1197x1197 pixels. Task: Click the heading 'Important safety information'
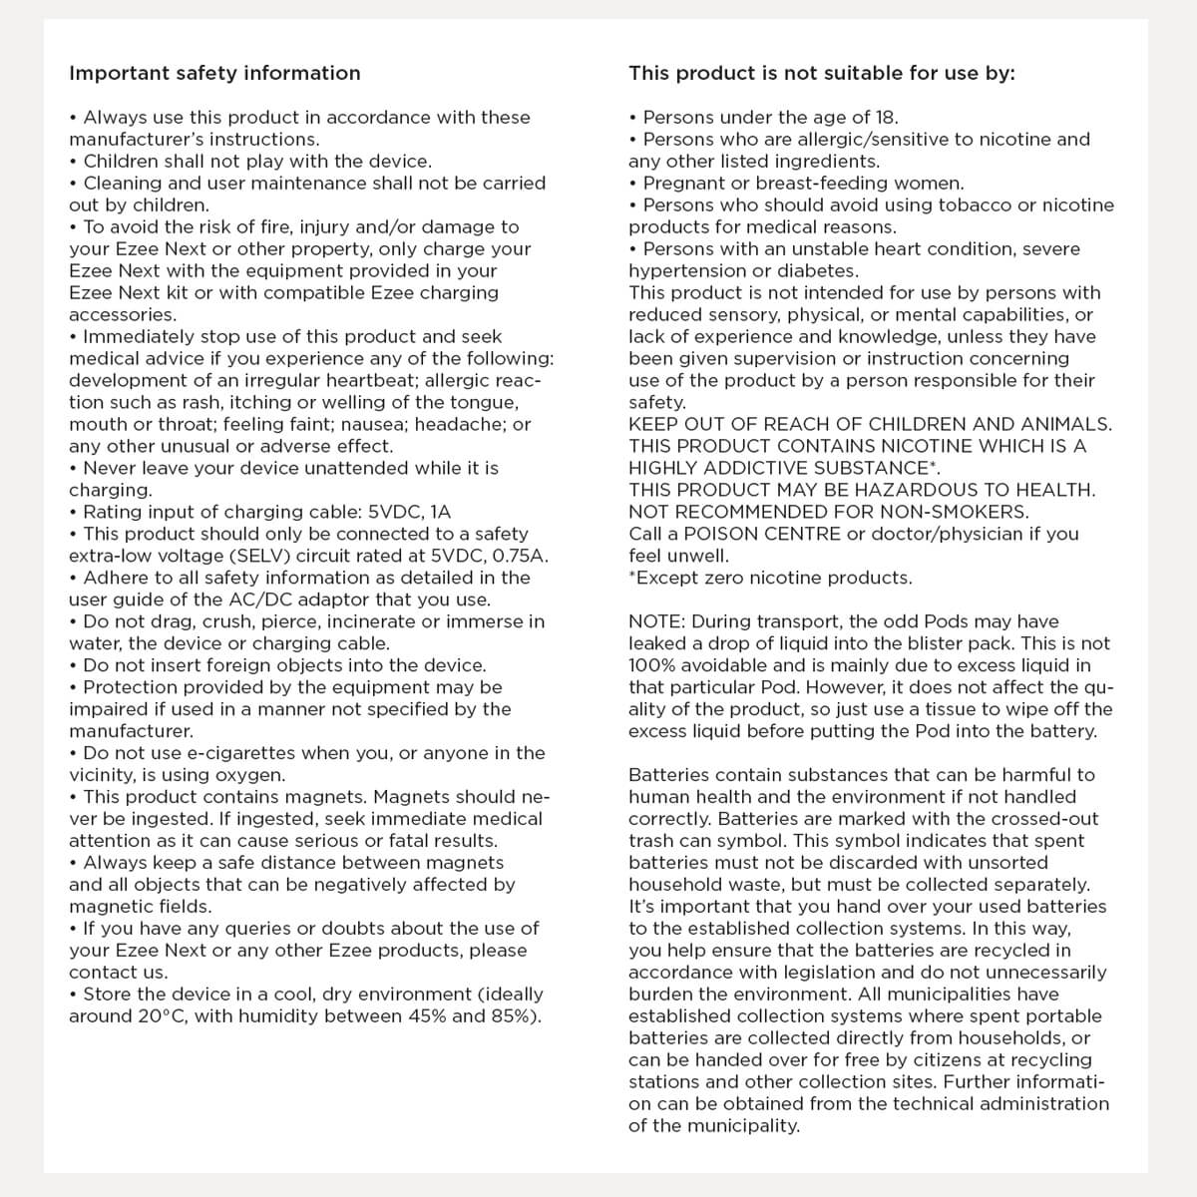coord(214,73)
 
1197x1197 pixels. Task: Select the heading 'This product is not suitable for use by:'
coord(821,73)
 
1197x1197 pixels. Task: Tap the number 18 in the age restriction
coord(886,118)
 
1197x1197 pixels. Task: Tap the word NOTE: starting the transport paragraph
coord(656,621)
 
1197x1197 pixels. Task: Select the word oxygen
coord(254,775)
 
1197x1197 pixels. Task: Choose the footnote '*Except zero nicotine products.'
coord(770,578)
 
